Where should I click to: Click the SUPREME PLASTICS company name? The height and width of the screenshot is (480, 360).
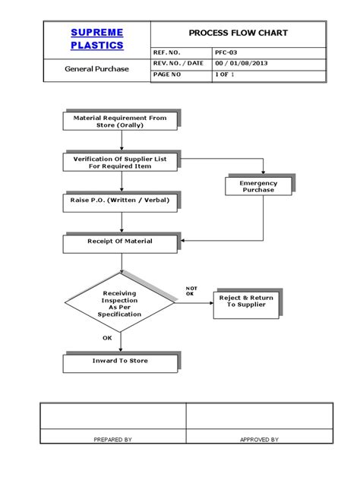tap(96, 38)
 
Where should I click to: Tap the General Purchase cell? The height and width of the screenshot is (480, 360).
tap(96, 68)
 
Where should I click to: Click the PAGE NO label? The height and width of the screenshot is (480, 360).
tap(168, 74)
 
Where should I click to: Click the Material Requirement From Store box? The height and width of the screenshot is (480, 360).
tap(118, 122)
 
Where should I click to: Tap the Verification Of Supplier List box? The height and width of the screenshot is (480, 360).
tap(118, 162)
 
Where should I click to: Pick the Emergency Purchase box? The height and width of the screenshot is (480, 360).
tap(258, 186)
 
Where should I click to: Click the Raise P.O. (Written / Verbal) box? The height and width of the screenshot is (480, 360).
tap(118, 202)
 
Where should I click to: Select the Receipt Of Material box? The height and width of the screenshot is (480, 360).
tap(118, 242)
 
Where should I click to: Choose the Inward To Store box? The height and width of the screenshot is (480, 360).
tap(118, 361)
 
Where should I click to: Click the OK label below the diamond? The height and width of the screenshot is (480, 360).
tap(107, 338)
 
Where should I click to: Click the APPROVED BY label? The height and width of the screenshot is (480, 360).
tap(259, 439)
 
